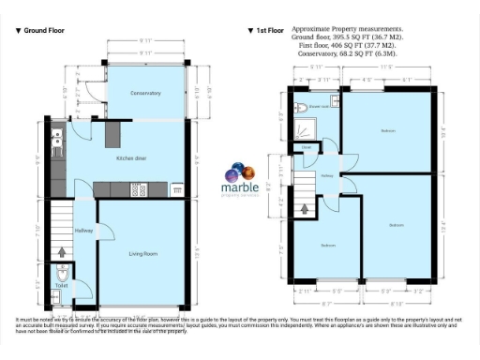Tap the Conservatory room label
click(x=146, y=94)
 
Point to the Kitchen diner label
click(x=131, y=158)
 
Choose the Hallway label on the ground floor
click(x=83, y=231)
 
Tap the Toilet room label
click(x=62, y=286)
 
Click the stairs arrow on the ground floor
click(x=62, y=251)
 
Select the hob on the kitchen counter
click(x=139, y=190)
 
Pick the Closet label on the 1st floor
click(x=307, y=147)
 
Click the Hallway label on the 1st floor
click(x=327, y=175)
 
